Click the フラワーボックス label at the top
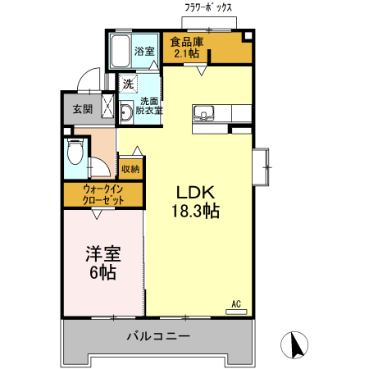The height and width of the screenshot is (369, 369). [x=209, y=7]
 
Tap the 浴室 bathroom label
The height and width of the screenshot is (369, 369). [x=146, y=51]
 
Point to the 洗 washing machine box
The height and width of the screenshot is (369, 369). [x=128, y=83]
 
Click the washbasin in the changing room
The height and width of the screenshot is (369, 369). [x=126, y=112]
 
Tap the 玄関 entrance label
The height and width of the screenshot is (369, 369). [x=83, y=108]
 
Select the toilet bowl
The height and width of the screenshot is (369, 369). [x=75, y=153]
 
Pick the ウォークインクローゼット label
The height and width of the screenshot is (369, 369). [x=103, y=194]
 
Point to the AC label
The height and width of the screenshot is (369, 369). [x=236, y=303]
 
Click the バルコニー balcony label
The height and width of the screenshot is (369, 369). [x=158, y=336]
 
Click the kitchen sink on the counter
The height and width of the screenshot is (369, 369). [x=203, y=112]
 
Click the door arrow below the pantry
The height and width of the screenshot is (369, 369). [x=200, y=71]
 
